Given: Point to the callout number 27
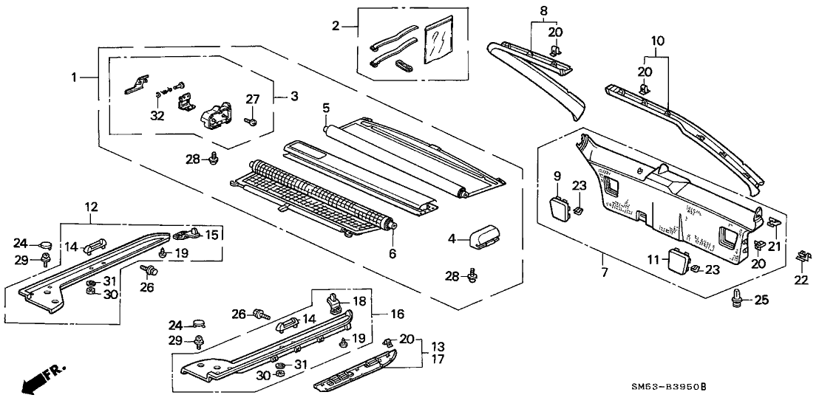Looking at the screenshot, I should point(253,99).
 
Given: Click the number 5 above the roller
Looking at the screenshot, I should point(326,108).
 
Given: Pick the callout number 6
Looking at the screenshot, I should point(392,254).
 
